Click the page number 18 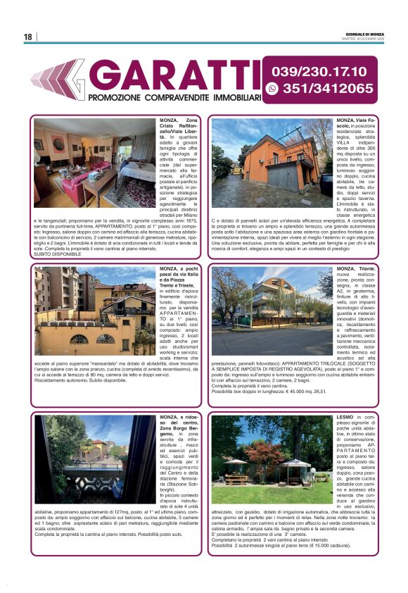coord(27,37)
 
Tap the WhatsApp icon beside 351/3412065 coord(273,89)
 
